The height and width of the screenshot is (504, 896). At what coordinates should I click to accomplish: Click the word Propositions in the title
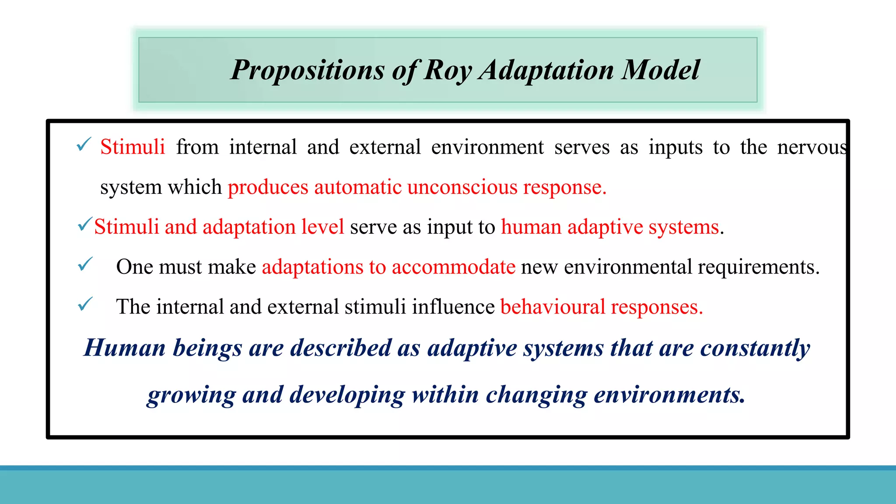(308, 70)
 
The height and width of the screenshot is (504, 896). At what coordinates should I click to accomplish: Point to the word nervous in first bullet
(812, 147)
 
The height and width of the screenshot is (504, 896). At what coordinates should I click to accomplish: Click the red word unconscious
(462, 187)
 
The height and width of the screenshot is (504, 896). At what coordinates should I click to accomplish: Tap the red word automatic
(357, 187)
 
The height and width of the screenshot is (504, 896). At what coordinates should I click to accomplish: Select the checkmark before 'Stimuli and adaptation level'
(85, 225)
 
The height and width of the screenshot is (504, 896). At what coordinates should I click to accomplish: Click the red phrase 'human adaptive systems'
(610, 227)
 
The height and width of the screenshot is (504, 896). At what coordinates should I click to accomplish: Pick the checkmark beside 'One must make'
(85, 264)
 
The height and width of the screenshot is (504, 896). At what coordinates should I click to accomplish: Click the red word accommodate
(453, 267)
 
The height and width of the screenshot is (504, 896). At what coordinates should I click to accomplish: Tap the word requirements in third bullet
(758, 267)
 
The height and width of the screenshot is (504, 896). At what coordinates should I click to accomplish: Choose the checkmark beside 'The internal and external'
(85, 304)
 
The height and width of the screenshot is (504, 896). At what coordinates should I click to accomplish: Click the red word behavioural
(553, 307)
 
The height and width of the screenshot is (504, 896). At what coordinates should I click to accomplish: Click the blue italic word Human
(125, 348)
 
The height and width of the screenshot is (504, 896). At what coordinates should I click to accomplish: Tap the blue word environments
(669, 395)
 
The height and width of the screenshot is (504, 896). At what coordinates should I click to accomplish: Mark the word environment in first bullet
(487, 147)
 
